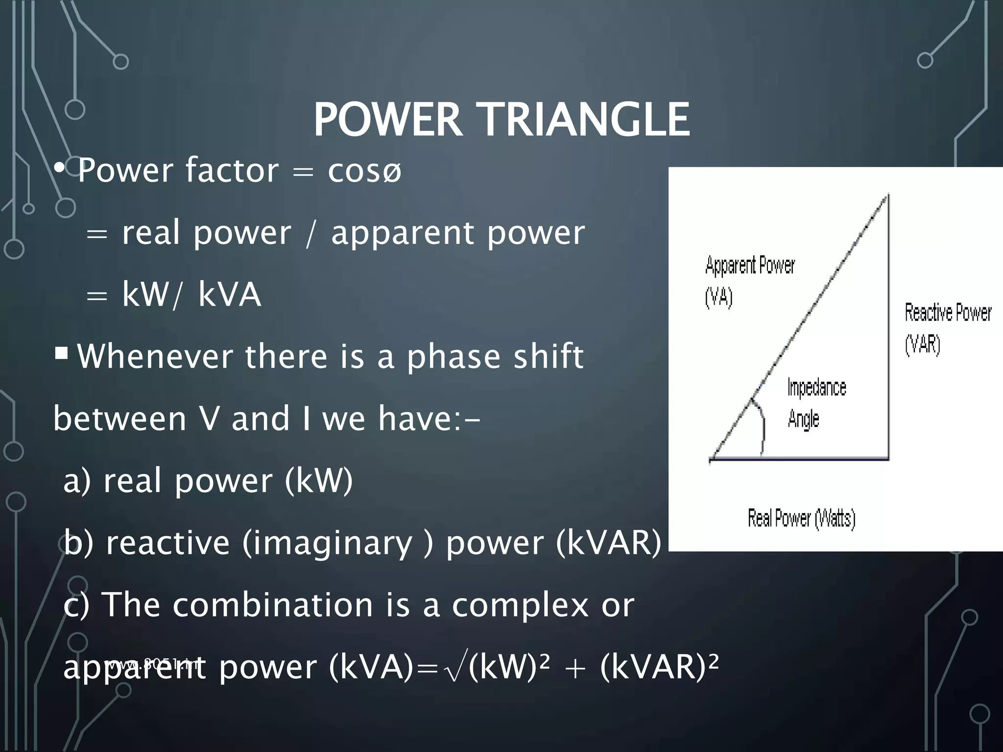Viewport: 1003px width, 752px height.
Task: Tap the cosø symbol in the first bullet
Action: [x=365, y=171]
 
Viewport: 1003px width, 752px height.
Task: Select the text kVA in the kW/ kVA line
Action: [x=229, y=295]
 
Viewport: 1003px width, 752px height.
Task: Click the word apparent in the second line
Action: [x=402, y=234]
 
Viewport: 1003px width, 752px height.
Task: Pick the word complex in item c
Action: [x=520, y=605]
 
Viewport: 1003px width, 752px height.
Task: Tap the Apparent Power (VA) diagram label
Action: [x=749, y=281]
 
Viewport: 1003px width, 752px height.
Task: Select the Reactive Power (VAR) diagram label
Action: [x=947, y=328]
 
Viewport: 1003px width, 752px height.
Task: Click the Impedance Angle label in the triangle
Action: [x=816, y=403]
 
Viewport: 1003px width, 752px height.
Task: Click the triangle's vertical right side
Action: [x=888, y=328]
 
